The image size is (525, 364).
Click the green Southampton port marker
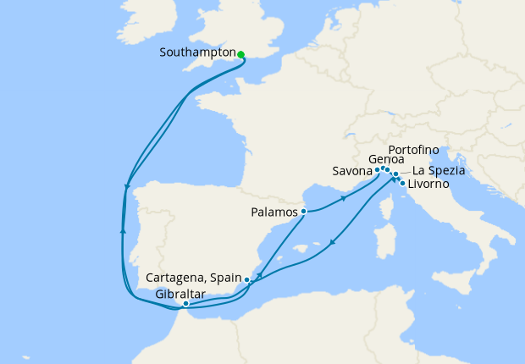coord(241,55)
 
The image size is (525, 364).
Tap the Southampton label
coord(196,52)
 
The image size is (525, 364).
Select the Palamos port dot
coord(303,211)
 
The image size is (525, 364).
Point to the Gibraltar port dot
coord(185,303)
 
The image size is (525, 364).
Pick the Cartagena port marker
coord(246,279)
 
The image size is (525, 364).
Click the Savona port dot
coord(377,170)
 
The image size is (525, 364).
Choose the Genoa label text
coord(386,159)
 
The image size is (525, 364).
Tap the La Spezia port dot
coord(395,174)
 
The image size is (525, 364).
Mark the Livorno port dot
coord(401,183)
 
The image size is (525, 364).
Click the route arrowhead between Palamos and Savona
coord(343,200)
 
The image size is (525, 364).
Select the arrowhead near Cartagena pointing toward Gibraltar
coord(258,276)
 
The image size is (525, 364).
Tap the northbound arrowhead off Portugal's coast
coord(124,229)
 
